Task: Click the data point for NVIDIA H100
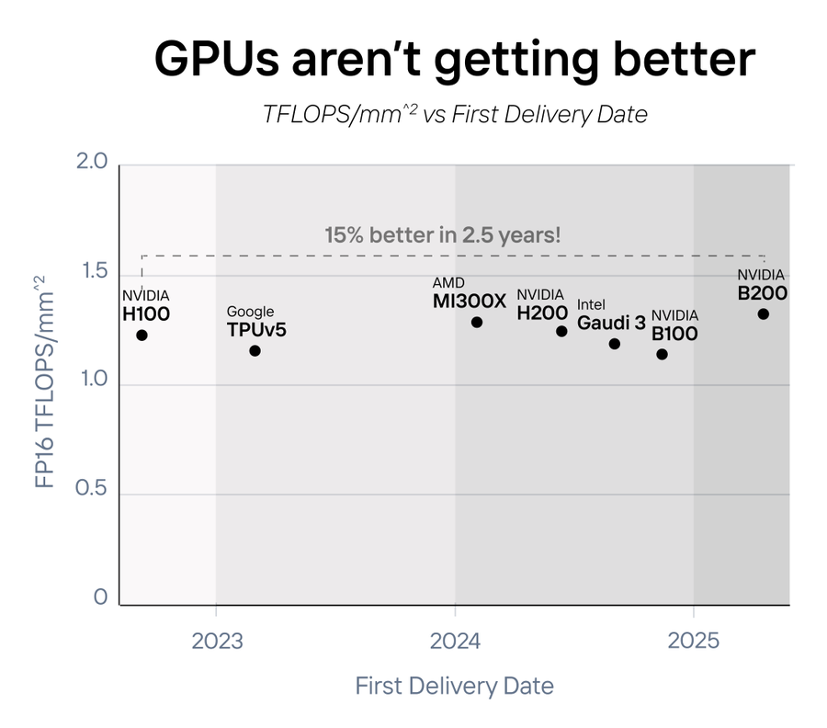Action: coord(142,335)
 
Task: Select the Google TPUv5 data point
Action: coord(255,350)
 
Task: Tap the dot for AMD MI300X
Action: coord(476,322)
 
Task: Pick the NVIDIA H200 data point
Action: coord(561,331)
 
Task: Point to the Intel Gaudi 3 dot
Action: coord(614,344)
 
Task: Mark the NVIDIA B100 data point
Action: coord(662,354)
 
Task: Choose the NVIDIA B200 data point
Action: coord(763,313)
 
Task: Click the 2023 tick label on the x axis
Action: coord(217,642)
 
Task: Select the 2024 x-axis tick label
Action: coord(455,642)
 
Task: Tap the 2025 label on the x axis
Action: coord(694,642)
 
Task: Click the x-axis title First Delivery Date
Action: coord(454,686)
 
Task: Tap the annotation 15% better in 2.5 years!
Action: coord(442,234)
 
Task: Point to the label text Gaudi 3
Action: coord(611,323)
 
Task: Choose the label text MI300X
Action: coord(469,301)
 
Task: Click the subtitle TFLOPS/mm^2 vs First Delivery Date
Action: coord(455,115)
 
